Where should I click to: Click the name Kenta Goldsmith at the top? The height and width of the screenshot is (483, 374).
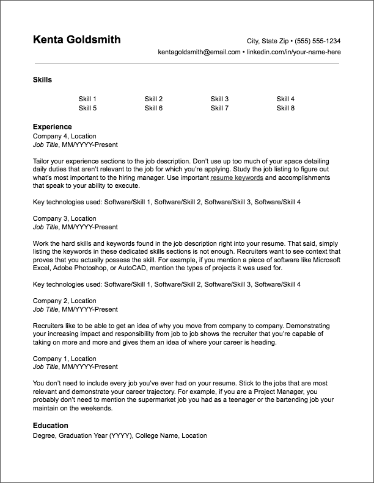[x=76, y=40]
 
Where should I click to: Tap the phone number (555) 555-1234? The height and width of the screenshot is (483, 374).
[x=317, y=41]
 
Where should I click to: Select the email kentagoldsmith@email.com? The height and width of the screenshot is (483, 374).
[x=199, y=52]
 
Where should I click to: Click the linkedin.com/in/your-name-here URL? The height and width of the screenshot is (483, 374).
[x=293, y=52]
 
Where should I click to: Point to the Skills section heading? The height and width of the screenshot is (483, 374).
[x=42, y=80]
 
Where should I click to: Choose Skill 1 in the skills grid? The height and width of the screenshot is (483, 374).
[x=87, y=99]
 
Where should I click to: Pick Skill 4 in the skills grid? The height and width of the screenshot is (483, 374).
[x=285, y=99]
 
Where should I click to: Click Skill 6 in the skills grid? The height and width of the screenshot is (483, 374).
[x=153, y=109]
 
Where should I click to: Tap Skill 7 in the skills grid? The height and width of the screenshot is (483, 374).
[x=219, y=109]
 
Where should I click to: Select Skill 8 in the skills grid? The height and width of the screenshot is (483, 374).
[x=285, y=109]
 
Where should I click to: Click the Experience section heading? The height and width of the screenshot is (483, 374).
[x=52, y=127]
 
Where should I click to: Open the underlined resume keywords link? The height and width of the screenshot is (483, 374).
[x=237, y=177]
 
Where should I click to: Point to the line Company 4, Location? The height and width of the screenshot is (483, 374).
[x=64, y=136]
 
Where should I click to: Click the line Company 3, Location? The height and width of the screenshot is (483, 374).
[x=64, y=218]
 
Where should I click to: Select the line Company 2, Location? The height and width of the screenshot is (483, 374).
[x=64, y=301]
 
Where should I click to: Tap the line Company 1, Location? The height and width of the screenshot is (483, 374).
[x=64, y=359]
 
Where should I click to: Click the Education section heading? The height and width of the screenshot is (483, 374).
[x=50, y=426]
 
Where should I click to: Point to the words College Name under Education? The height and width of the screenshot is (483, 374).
[x=156, y=436]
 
